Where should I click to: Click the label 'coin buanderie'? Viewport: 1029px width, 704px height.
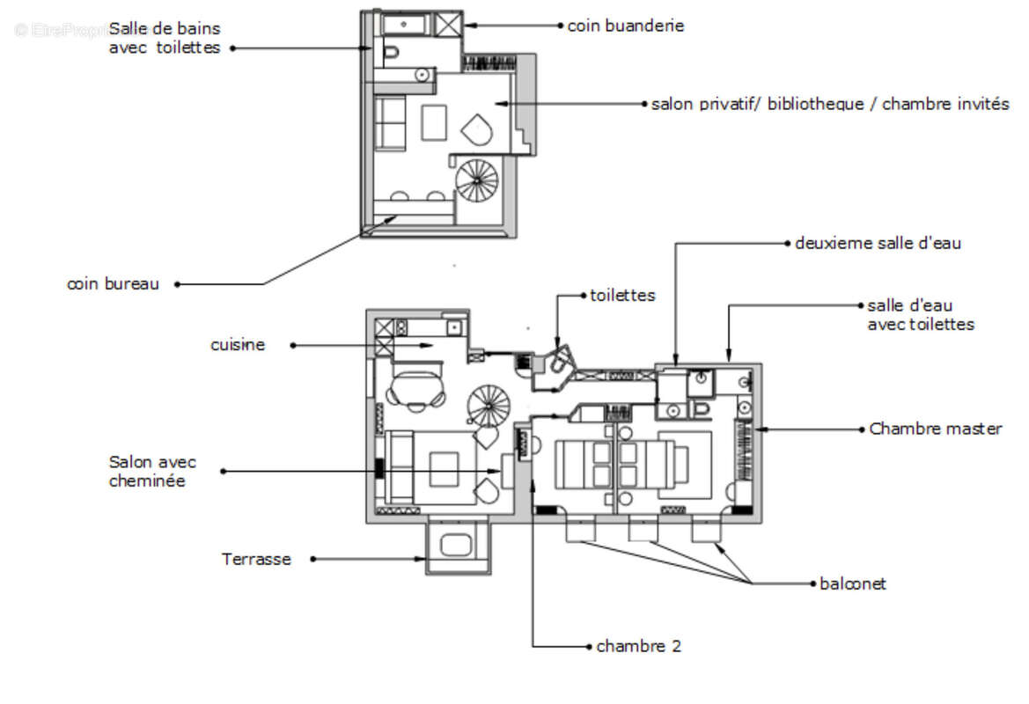625,26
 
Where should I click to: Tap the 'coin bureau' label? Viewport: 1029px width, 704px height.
113,284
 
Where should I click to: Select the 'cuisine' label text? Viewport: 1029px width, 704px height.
238,345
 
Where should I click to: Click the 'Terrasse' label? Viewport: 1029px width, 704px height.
256,559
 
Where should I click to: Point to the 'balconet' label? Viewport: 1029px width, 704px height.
852,583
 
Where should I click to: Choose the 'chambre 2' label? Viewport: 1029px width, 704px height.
638,646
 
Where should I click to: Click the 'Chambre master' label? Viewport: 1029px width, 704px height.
935,429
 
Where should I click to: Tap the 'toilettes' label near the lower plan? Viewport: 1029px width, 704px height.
622,296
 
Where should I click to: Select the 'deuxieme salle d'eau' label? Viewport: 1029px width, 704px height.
878,244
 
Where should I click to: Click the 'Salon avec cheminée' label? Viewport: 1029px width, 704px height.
152,471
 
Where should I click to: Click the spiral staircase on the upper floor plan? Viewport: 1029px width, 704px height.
477,181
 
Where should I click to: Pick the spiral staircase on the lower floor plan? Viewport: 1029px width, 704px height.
489,406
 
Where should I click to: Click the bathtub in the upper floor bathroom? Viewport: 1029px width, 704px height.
405,25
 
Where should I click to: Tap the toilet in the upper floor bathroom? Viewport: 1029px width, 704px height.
391,53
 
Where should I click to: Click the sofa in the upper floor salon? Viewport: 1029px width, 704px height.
390,123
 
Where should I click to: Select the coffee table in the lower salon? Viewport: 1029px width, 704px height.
445,469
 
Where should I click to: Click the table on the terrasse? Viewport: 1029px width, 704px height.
456,546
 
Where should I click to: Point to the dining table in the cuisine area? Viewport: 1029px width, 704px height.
416,388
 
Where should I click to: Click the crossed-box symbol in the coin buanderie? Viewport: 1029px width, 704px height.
449,25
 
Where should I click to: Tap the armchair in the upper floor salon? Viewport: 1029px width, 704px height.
477,130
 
